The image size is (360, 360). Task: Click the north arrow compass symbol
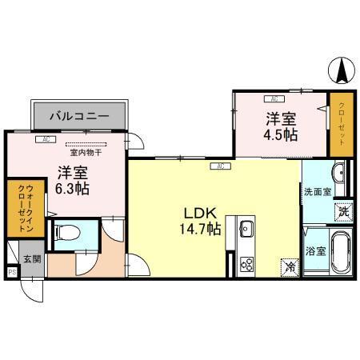tap(342, 73)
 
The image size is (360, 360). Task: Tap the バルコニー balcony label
tap(79, 116)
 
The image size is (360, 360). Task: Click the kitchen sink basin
tap(246, 231)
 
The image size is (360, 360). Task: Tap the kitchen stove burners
tap(246, 263)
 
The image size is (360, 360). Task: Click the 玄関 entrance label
tap(31, 259)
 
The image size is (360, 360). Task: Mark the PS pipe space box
tap(11, 272)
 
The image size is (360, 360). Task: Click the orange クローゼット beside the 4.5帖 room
tap(342, 124)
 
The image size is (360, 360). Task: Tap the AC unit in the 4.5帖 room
tap(274, 99)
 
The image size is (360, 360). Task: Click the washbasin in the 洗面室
tap(338, 173)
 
